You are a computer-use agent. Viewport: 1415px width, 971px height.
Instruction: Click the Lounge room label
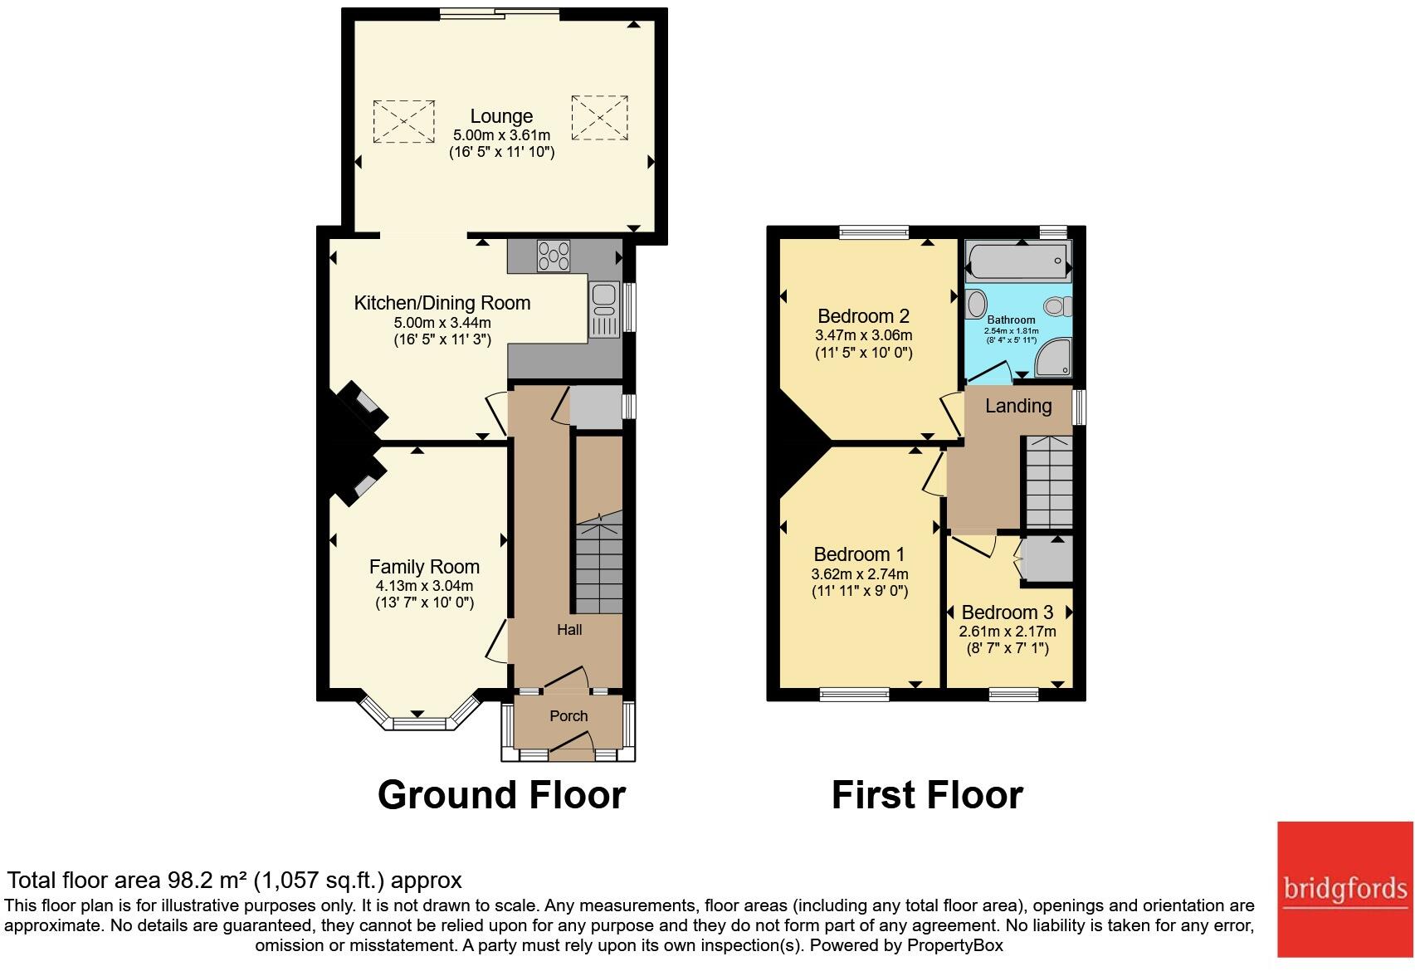pos(501,116)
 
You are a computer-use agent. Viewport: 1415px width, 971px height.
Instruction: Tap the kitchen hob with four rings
pos(554,256)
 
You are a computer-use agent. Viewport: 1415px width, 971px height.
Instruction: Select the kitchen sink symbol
pos(604,310)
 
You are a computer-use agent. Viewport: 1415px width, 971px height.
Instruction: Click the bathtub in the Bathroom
pos(1018,261)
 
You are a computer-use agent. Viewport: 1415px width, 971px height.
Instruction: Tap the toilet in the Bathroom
pos(1058,307)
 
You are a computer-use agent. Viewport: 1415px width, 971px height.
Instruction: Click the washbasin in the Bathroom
pos(976,304)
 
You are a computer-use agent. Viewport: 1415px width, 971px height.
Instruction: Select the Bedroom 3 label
pos(1008,612)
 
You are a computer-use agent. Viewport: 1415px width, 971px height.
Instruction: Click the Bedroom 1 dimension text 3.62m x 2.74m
pos(860,574)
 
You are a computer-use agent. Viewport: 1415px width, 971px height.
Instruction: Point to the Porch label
pos(568,715)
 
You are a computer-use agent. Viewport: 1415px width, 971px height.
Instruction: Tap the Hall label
pos(569,629)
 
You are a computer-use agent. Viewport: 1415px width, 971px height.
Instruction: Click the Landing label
pos(1018,406)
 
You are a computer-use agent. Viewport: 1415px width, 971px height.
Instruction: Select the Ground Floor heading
pos(501,795)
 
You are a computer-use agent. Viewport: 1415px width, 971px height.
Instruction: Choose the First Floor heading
pos(927,795)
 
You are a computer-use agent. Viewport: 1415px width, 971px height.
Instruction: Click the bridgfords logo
pos(1345,889)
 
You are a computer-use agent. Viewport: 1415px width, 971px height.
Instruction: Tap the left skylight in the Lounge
pos(403,121)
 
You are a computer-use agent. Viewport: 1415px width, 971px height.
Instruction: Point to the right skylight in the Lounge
pos(599,118)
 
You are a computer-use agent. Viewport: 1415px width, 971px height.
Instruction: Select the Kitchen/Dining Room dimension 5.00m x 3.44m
pos(442,323)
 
